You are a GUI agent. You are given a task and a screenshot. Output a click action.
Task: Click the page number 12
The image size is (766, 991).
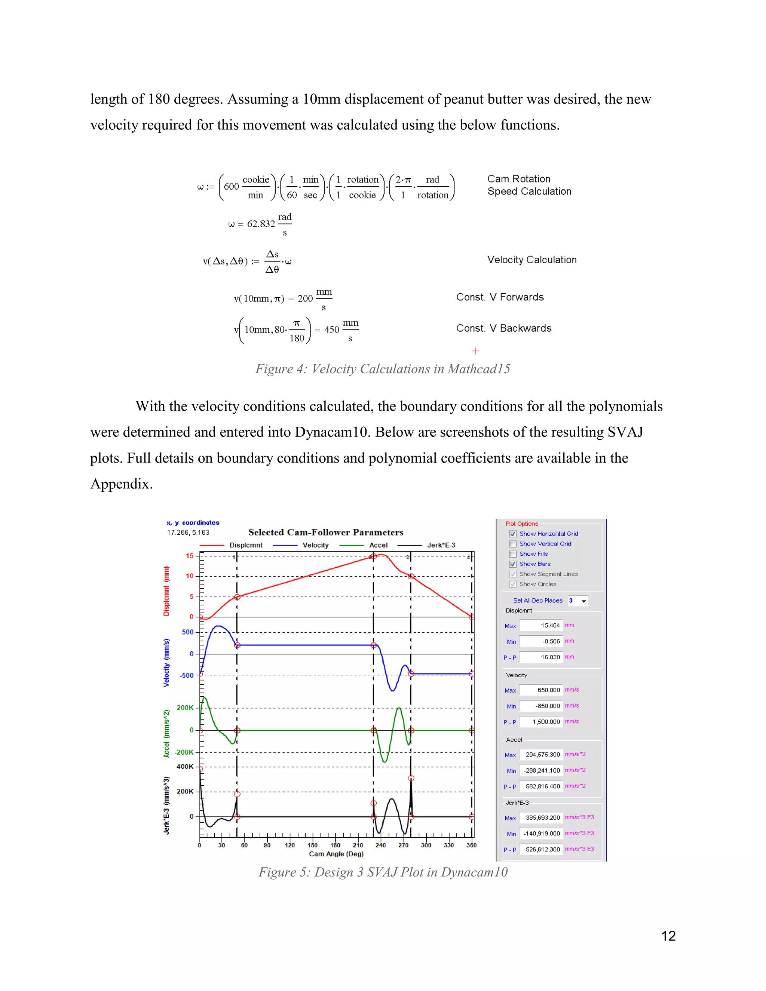point(668,936)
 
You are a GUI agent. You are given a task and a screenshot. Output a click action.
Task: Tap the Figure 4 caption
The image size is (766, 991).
point(383,369)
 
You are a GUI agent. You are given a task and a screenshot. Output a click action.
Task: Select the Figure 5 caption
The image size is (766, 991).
point(383,872)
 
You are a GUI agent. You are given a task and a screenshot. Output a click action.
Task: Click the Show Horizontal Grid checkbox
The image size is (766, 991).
point(513,534)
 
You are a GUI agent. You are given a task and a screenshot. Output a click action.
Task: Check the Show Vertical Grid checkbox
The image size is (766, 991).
point(513,544)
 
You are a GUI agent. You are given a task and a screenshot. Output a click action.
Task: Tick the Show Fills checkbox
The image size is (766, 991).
point(513,554)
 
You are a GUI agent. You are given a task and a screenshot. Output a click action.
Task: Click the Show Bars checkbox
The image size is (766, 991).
point(513,564)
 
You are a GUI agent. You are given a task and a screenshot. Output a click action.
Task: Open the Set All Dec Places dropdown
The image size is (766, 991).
point(583,601)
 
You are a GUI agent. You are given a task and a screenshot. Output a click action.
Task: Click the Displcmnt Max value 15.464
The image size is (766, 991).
point(541,626)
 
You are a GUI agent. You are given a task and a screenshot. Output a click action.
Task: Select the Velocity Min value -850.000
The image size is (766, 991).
point(541,706)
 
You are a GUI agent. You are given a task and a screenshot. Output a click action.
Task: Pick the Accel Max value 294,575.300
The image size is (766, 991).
point(541,755)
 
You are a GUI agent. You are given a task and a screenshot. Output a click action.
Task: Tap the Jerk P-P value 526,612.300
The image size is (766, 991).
point(541,849)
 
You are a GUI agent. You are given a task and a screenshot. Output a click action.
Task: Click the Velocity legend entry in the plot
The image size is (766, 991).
point(315,545)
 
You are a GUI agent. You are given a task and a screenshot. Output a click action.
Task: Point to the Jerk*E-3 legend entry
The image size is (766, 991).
point(441,545)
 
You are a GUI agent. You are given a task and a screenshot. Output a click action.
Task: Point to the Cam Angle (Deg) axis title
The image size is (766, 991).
point(336,854)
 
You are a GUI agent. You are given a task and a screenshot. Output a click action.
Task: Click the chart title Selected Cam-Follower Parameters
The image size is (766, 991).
point(325,532)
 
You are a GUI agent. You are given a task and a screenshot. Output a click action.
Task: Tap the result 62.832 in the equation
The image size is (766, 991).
point(261,224)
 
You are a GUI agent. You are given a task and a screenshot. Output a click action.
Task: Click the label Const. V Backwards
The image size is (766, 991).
point(504,328)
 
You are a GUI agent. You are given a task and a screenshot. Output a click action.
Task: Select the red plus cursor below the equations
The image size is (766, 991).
point(475,351)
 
